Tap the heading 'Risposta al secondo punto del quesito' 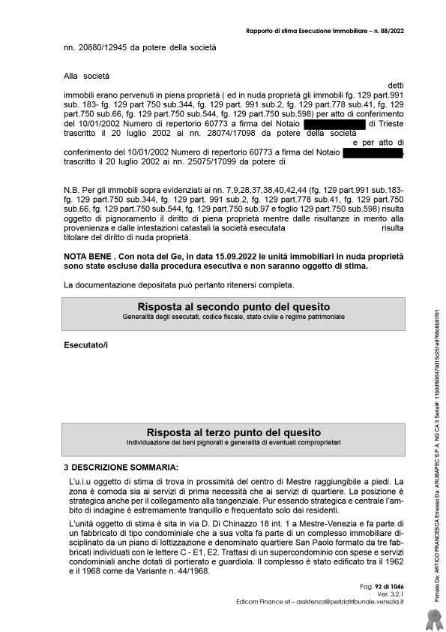pyautogui.click(x=233, y=307)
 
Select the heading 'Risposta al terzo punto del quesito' pyautogui.click(x=233, y=432)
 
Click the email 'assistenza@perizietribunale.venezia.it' pyautogui.click(x=352, y=600)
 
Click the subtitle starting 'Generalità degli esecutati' pyautogui.click(x=233, y=318)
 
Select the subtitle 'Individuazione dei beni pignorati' pyautogui.click(x=233, y=443)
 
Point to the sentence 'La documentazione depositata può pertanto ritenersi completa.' pyautogui.click(x=179, y=284)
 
